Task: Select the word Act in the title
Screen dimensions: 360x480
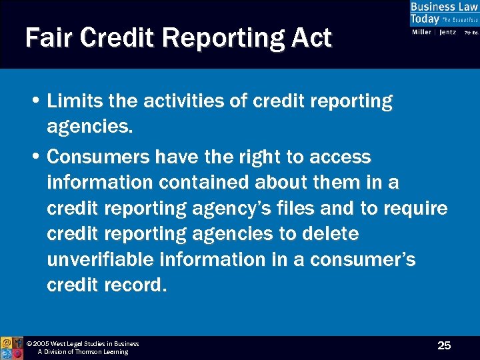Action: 311,38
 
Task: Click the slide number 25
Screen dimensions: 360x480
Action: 444,345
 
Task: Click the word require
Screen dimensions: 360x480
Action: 415,209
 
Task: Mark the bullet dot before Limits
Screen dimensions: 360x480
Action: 35,102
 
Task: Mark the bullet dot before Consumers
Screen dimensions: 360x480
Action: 35,158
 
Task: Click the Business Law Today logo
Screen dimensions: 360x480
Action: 443,13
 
